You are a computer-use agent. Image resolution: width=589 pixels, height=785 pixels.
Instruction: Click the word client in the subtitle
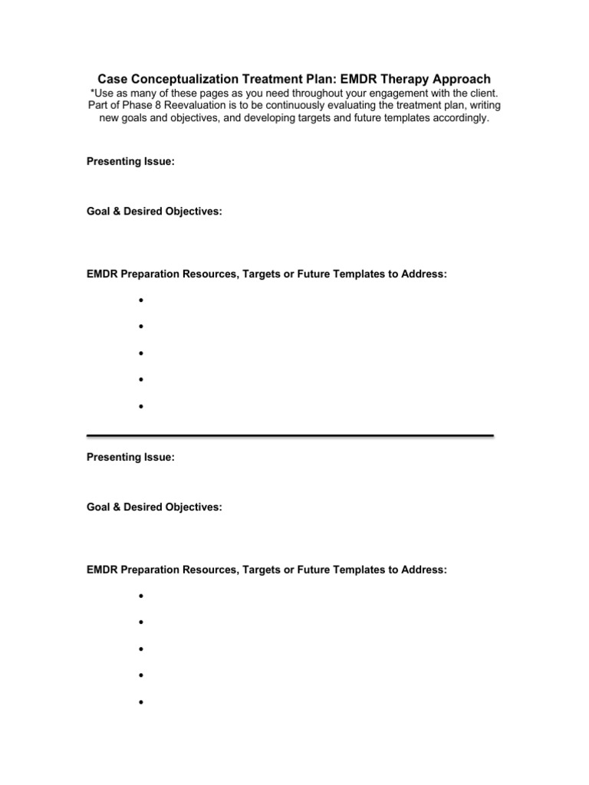[482, 93]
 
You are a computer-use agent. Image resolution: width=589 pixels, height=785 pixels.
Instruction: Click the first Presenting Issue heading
[130, 162]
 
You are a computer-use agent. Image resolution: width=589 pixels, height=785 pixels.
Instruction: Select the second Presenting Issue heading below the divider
[130, 458]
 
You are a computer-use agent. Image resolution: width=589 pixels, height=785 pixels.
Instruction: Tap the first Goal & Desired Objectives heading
[154, 211]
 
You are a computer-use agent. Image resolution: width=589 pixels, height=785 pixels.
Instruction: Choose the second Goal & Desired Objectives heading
[154, 507]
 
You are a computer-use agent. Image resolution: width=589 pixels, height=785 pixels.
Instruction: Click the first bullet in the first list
[142, 301]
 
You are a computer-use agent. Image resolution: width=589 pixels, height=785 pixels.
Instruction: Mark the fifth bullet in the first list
[142, 406]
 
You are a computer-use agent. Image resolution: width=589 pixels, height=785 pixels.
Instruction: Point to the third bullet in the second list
[142, 649]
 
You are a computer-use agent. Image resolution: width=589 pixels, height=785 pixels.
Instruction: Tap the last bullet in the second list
[142, 702]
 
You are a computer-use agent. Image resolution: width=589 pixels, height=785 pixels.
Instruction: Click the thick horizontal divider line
[290, 435]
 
